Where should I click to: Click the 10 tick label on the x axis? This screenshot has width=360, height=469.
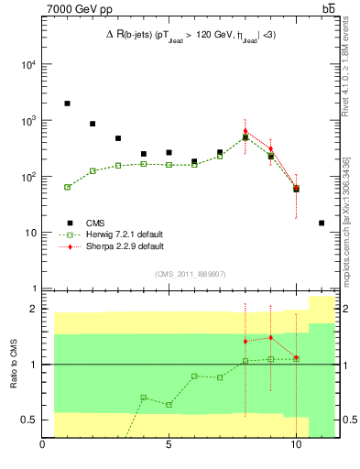pyautogui.click(x=296, y=448)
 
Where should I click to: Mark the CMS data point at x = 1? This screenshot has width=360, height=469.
pyautogui.click(x=68, y=104)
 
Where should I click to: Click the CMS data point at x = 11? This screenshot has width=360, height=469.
pyautogui.click(x=322, y=223)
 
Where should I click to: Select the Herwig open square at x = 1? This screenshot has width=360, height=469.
pyautogui.click(x=68, y=187)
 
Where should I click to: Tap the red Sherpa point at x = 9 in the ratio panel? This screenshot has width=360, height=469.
pyautogui.click(x=271, y=338)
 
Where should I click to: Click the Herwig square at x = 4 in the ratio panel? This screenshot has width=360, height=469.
pyautogui.click(x=144, y=398)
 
